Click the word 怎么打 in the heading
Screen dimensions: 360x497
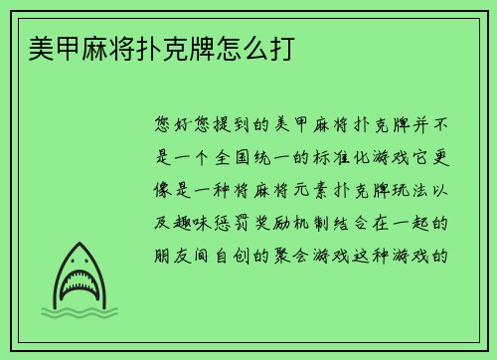tap(260, 49)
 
